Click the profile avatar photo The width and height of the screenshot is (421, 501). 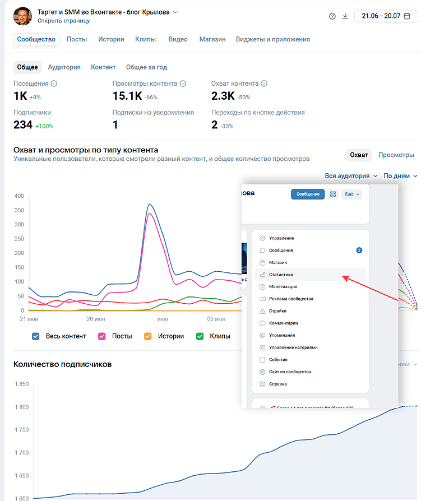click(22, 16)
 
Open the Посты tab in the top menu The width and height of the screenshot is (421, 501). click(77, 39)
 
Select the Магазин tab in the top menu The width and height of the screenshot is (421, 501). click(212, 39)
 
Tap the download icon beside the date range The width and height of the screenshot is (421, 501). click(345, 16)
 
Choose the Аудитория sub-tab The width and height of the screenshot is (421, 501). click(64, 67)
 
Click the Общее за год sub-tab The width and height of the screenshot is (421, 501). click(146, 67)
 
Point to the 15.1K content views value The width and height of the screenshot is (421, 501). click(127, 96)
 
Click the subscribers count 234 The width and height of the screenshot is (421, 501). click(23, 125)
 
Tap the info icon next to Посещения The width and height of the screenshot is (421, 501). click(54, 83)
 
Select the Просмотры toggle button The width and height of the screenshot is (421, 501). click(396, 155)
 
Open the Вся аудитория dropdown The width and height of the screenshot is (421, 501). click(351, 176)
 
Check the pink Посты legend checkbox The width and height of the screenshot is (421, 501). click(102, 336)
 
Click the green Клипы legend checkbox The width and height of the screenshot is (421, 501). click(200, 336)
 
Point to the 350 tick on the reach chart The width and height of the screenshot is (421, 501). click(20, 210)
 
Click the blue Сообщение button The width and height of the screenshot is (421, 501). click(308, 194)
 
